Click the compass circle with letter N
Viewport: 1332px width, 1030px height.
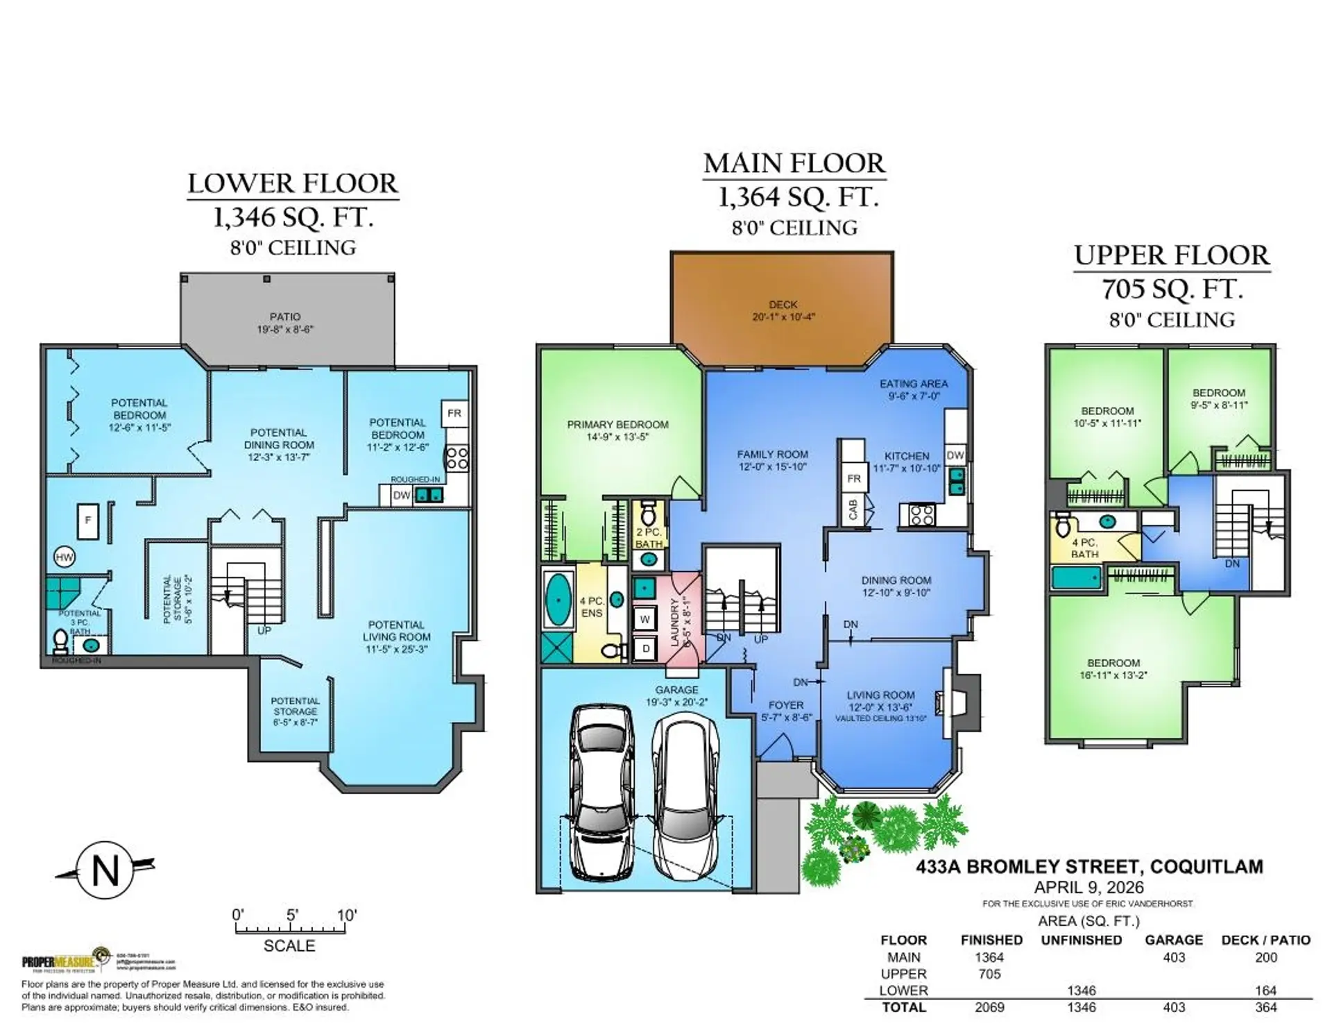[105, 870]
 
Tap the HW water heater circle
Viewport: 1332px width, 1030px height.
[65, 557]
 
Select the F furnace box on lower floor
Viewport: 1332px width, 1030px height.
[87, 520]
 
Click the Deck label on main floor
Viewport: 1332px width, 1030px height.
[783, 310]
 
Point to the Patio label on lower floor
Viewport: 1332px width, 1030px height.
[285, 323]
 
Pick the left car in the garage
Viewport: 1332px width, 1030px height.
[601, 791]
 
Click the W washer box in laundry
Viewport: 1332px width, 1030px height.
[644, 619]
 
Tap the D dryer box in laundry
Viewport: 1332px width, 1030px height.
[645, 649]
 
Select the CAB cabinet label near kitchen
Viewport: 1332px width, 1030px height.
[853, 509]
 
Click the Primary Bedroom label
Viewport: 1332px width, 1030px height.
[617, 430]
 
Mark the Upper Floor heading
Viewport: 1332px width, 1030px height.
[1172, 255]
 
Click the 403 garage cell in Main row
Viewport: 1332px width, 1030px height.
[1174, 957]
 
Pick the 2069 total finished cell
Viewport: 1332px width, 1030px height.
[989, 1007]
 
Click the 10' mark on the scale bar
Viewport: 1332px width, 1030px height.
[346, 915]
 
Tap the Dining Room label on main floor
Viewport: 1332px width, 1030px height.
[896, 586]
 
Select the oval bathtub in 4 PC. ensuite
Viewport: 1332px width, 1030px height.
[558, 600]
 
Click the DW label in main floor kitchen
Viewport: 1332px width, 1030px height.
[955, 455]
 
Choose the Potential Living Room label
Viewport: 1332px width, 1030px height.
[396, 636]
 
